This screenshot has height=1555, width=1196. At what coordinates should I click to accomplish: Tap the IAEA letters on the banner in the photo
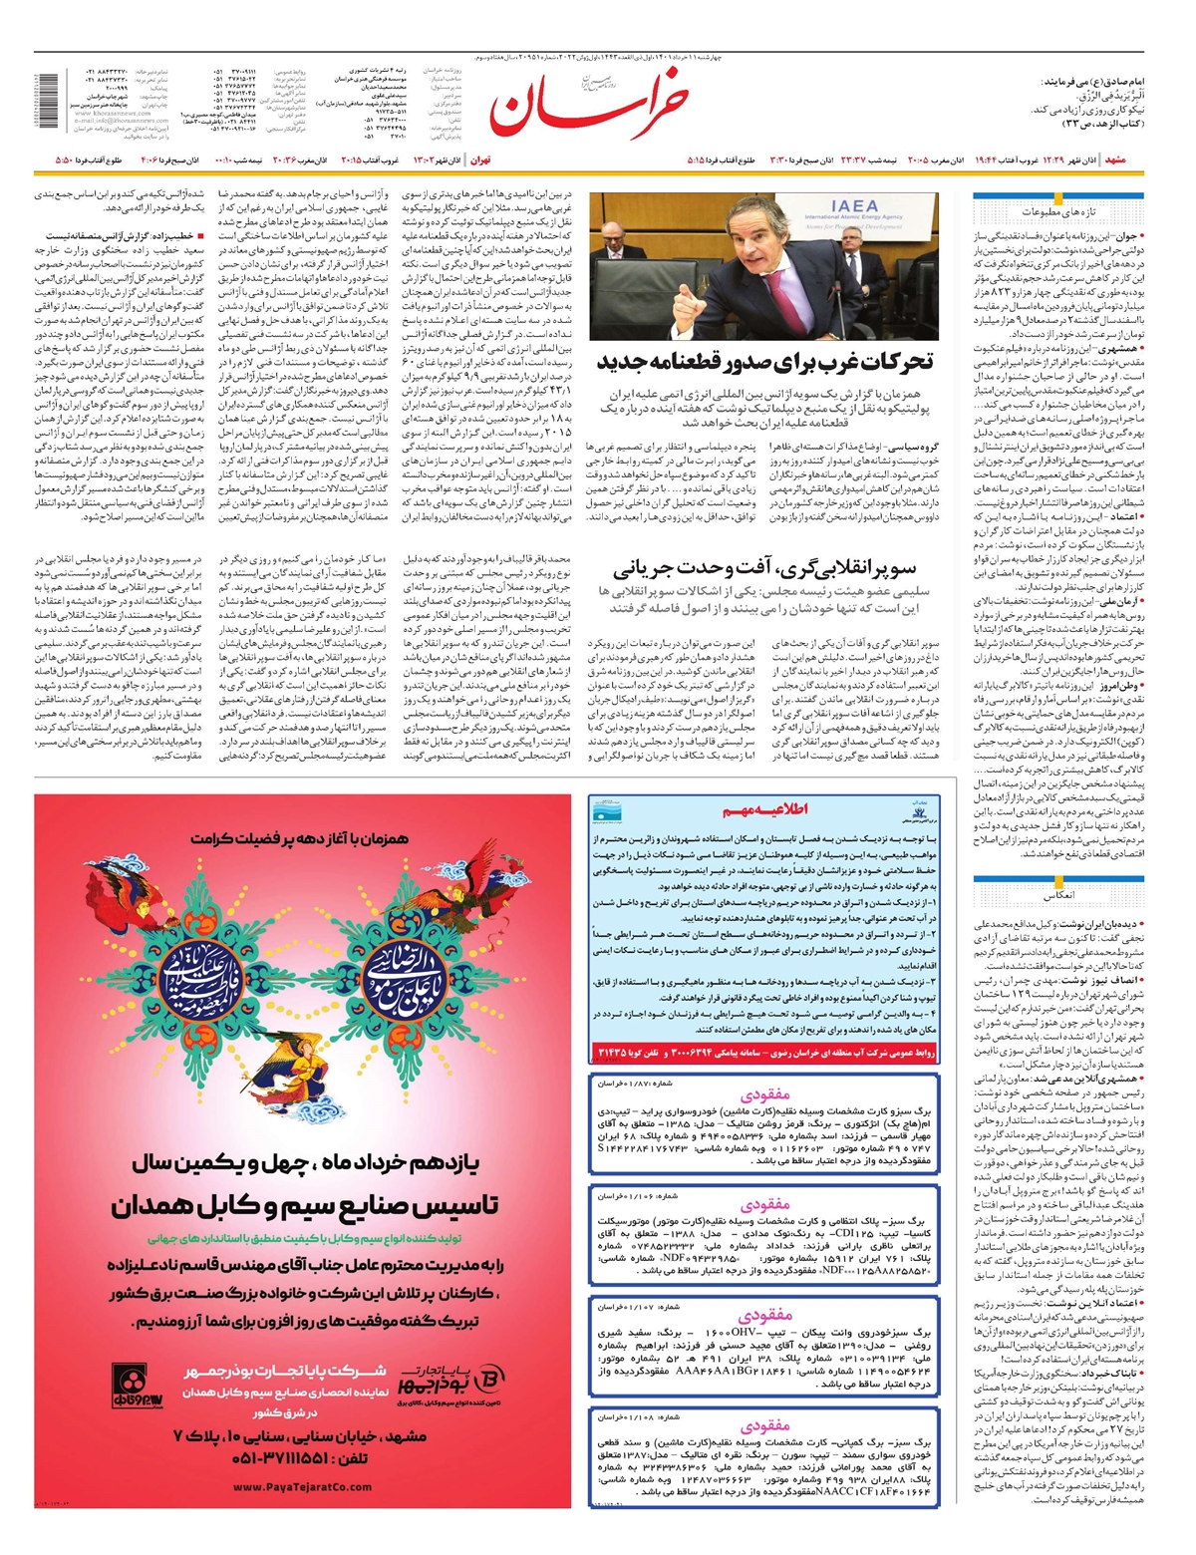[853, 207]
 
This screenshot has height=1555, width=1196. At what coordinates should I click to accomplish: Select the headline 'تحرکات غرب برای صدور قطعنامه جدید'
[764, 362]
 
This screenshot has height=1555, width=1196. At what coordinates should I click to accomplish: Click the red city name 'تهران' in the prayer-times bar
[479, 159]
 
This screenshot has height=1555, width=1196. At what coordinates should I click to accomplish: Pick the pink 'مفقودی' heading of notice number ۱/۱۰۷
[764, 1316]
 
